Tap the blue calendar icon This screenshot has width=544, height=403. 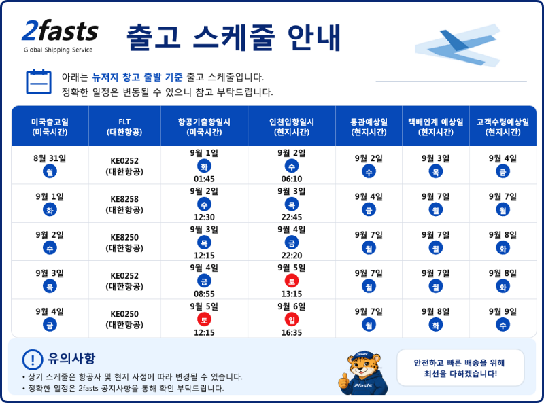tap(39, 82)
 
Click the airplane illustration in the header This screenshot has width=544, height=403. tap(458, 45)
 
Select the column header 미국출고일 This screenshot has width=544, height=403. tap(50, 126)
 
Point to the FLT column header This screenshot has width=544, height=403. tap(124, 126)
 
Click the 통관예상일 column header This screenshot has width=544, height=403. tap(369, 126)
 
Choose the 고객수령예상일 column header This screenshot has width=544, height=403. tap(503, 126)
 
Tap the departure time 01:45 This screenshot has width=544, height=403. tap(204, 179)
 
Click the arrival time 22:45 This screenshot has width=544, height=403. tap(292, 217)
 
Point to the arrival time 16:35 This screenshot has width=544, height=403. tap(292, 332)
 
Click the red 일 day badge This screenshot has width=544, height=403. tap(292, 320)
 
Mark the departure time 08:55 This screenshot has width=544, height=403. tap(204, 294)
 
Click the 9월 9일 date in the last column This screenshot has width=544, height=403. tap(503, 312)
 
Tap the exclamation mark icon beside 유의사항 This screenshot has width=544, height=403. tap(33, 360)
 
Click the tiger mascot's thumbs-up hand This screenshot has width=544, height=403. tap(343, 381)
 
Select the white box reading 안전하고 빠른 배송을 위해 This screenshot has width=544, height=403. tap(460, 368)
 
